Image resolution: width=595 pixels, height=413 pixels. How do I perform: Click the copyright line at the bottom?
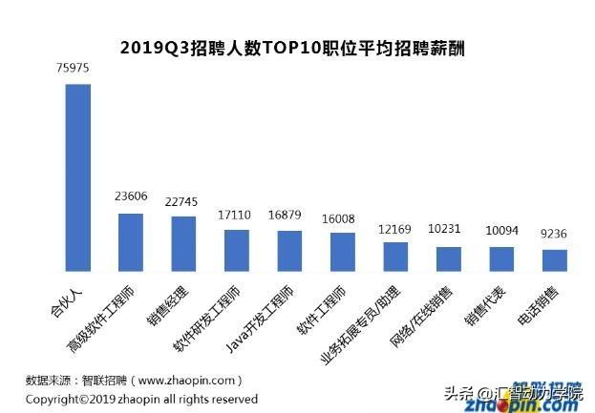[x=141, y=399]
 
